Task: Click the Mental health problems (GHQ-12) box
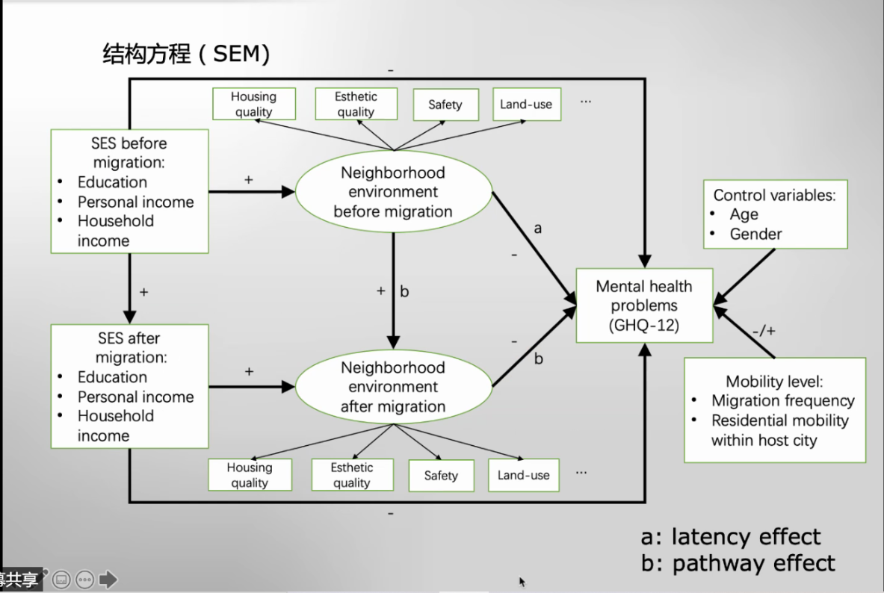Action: [x=644, y=306]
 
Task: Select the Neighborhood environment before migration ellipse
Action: [x=393, y=192]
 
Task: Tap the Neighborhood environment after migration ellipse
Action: [x=393, y=387]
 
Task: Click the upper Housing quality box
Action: [x=253, y=105]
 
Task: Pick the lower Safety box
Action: [x=441, y=476]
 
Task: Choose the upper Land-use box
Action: [x=526, y=105]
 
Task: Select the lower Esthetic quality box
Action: [x=352, y=475]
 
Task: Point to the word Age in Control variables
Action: [x=744, y=214]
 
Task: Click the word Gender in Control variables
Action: [x=755, y=234]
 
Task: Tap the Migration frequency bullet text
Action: [x=782, y=401]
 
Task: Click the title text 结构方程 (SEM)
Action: [x=186, y=54]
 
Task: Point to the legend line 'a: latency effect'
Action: [x=730, y=537]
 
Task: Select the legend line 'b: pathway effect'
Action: [x=738, y=562]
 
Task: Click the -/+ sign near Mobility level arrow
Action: [x=764, y=329]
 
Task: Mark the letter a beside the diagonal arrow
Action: [x=537, y=227]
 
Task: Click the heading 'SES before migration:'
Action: [x=129, y=152]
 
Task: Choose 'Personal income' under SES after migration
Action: [x=135, y=397]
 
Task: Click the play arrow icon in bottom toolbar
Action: [x=108, y=579]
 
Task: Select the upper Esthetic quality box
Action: [x=356, y=105]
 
